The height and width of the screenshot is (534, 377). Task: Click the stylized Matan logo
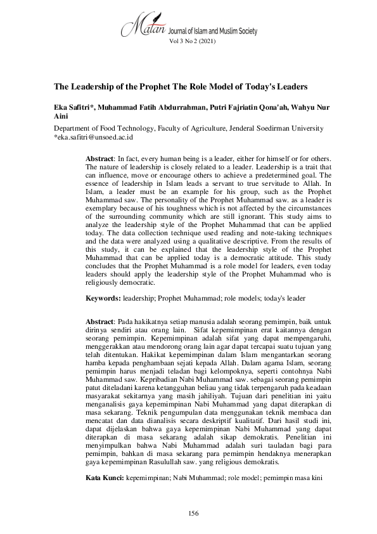click(x=143, y=25)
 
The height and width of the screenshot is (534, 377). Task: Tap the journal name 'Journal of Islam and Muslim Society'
click(x=212, y=30)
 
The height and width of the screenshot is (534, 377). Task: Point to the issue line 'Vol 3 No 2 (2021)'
click(x=192, y=42)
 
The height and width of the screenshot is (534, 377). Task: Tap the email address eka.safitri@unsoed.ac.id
click(x=93, y=136)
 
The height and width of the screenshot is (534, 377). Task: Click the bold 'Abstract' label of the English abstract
click(x=99, y=157)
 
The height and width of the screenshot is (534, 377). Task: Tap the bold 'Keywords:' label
click(x=104, y=297)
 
